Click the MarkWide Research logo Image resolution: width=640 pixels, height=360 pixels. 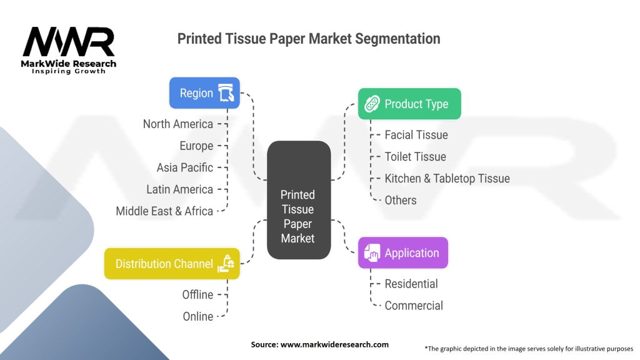click(x=69, y=50)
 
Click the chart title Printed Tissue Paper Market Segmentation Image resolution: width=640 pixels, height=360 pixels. click(x=309, y=39)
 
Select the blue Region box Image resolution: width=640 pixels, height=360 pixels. click(x=204, y=93)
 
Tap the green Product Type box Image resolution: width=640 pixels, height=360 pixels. click(x=409, y=104)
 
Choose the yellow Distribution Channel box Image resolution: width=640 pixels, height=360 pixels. click(x=172, y=264)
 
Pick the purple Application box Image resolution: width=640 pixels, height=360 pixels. click(x=403, y=253)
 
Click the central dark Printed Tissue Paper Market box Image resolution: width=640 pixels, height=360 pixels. click(x=298, y=200)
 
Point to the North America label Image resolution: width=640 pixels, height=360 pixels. click(x=178, y=124)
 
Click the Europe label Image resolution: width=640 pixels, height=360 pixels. click(x=196, y=146)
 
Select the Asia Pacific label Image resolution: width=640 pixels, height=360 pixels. click(x=185, y=167)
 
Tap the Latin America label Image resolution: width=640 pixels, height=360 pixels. click(x=180, y=189)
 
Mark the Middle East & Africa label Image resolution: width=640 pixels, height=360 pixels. click(x=164, y=211)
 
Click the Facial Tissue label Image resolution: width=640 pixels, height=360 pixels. click(x=416, y=134)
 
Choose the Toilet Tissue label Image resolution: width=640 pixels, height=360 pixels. click(x=416, y=156)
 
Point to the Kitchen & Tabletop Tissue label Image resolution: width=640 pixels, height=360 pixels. click(x=447, y=178)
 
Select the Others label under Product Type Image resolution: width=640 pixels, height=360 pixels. click(x=401, y=200)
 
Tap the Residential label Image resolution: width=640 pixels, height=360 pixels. click(x=411, y=284)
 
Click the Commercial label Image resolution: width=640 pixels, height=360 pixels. click(x=414, y=306)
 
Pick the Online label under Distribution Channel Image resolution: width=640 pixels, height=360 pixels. click(x=197, y=316)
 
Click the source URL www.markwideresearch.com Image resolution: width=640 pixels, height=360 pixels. click(x=335, y=344)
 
